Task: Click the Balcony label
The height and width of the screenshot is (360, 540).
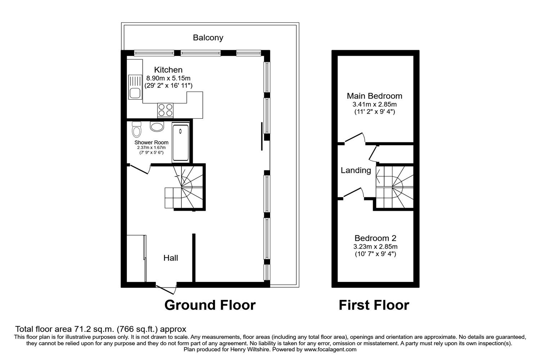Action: click(208, 37)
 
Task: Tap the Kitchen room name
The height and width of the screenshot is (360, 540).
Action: click(168, 70)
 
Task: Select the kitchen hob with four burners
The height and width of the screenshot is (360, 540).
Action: click(165, 109)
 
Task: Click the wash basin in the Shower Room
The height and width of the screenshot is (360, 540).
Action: click(157, 126)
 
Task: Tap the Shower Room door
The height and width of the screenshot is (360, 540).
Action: click(140, 169)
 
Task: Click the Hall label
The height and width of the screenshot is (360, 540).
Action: click(171, 258)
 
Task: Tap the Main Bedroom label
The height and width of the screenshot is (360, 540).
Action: click(374, 96)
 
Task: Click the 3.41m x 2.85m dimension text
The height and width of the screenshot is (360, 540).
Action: click(374, 104)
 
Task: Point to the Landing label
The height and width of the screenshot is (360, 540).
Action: click(356, 170)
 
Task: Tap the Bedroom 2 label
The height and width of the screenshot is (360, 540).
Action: click(375, 238)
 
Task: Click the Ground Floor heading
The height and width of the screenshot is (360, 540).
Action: click(210, 305)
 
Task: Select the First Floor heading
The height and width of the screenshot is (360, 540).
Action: click(374, 305)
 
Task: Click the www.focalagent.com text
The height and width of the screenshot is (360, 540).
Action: click(330, 349)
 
